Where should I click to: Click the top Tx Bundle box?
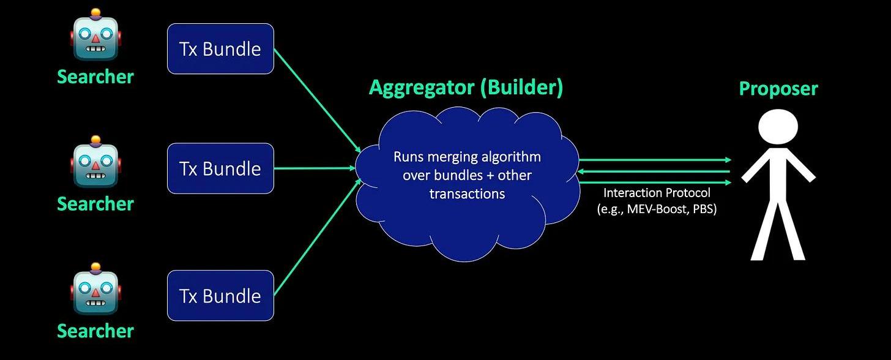pos(220,49)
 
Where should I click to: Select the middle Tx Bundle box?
pos(220,168)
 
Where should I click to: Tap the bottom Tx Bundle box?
pos(220,296)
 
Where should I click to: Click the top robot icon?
pos(95,37)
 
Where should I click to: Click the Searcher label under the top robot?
pos(95,77)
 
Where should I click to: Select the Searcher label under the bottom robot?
pos(95,331)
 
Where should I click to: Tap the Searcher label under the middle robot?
pos(95,203)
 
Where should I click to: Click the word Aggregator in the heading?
pos(422,88)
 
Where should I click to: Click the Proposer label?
pos(778,89)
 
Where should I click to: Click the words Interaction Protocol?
pos(657,193)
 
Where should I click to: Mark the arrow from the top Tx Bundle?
pos(316,100)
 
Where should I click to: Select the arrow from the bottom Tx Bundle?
pos(316,237)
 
